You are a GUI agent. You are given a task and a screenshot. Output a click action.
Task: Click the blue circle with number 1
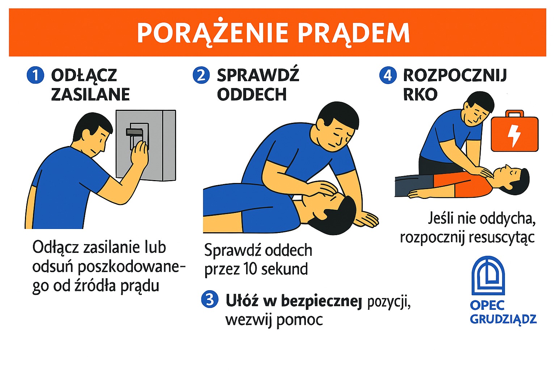click(35, 75)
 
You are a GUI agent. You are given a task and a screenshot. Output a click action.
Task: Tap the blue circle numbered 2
click(201, 75)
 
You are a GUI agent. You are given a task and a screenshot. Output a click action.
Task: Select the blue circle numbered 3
click(210, 299)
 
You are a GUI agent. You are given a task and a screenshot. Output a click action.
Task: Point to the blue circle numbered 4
click(388, 75)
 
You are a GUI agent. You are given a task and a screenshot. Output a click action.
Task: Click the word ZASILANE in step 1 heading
click(90, 95)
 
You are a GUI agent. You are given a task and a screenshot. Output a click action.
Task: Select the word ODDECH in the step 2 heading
click(252, 95)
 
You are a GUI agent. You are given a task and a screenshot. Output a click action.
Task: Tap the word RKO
click(420, 95)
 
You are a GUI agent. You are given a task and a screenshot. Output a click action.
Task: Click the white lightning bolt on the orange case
click(514, 136)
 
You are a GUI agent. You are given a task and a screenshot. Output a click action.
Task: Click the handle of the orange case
click(515, 113)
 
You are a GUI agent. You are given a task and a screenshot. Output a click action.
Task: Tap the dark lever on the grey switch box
click(134, 132)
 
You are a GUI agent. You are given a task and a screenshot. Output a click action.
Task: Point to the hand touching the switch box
click(139, 154)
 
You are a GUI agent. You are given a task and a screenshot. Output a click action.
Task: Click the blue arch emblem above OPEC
click(488, 276)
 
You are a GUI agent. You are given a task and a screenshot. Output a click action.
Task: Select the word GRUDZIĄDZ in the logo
click(504, 319)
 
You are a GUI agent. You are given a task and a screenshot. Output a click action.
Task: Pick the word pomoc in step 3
click(299, 320)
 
